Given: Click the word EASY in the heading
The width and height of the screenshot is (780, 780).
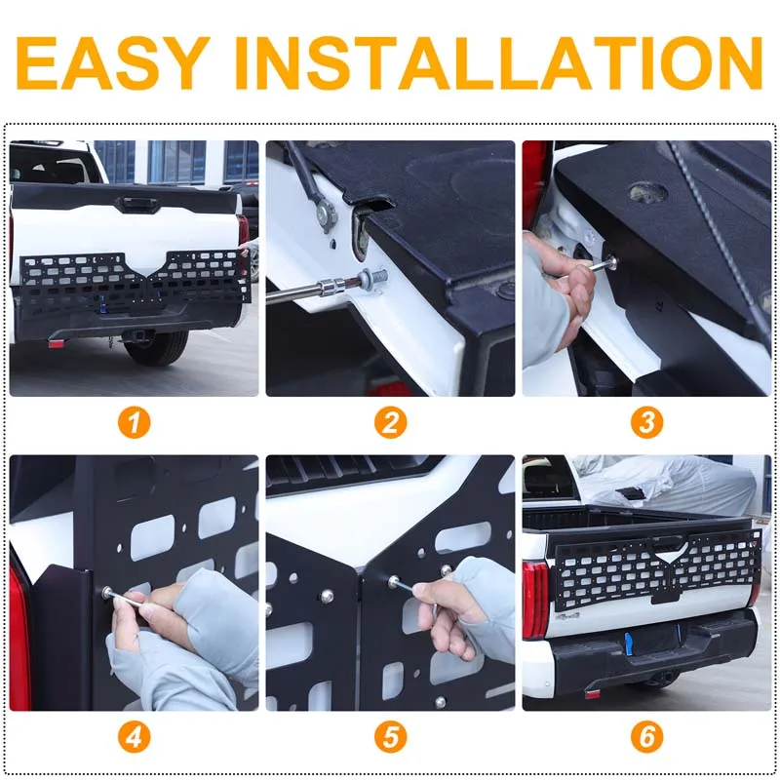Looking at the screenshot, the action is [113, 62].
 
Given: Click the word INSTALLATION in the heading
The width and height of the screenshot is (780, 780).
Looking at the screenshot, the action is [498, 62].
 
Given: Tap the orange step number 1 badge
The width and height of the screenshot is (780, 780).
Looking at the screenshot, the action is [134, 423].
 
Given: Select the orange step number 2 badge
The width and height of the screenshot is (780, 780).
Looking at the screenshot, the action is [391, 423].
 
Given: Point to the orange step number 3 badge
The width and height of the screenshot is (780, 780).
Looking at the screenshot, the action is [646, 423].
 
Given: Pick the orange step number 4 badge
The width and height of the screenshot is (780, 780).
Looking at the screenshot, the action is [134, 737].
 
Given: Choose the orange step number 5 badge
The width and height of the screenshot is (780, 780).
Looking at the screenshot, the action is [391, 737].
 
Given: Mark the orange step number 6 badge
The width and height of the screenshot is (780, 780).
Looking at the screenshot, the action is [646, 737].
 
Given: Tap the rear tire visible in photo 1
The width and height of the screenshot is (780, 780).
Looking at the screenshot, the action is [156, 347].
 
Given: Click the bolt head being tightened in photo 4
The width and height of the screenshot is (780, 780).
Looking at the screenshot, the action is [106, 592].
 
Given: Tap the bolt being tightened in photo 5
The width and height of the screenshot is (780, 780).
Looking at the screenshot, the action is [394, 580].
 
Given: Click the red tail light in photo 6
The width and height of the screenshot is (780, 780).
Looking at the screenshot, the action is [535, 600].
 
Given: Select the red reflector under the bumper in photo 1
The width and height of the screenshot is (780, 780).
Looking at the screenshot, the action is [57, 343].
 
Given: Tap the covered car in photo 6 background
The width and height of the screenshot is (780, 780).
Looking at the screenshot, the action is [667, 483].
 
